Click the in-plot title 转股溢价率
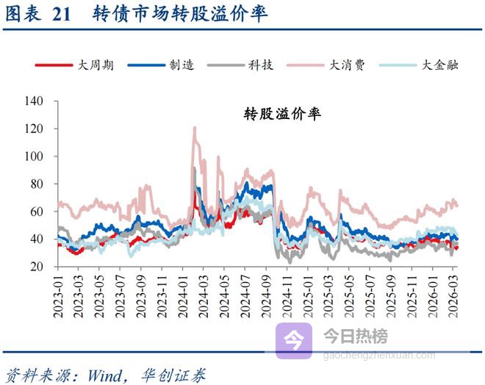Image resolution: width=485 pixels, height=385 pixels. pos(282,115)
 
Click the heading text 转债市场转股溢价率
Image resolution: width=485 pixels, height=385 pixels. pos(181,14)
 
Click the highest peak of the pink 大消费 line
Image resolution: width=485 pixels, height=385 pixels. pos(195,128)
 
